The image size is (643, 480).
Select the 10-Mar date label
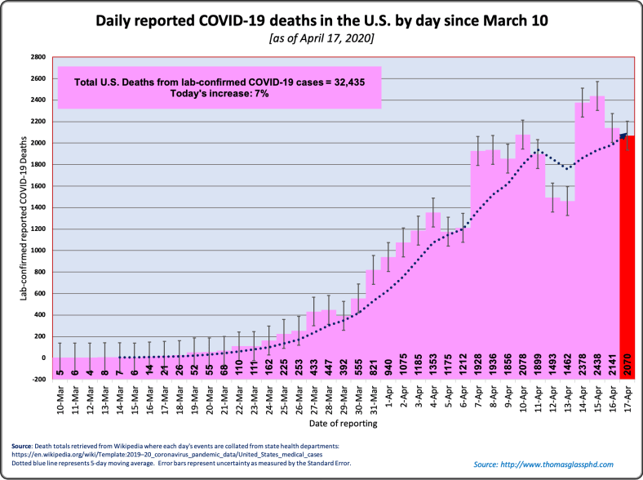point(61,401)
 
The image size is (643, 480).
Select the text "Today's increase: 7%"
point(220,94)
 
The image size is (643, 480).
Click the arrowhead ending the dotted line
point(623,138)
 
